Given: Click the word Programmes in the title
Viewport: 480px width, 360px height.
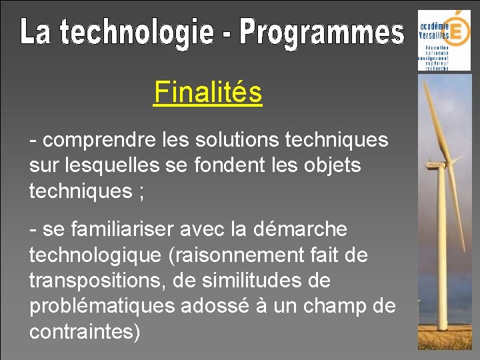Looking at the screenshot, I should click(322, 33).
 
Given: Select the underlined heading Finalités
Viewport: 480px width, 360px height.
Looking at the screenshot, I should click(207, 93).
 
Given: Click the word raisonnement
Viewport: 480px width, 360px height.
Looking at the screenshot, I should click(234, 255).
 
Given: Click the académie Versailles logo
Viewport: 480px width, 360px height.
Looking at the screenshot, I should click(444, 40).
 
